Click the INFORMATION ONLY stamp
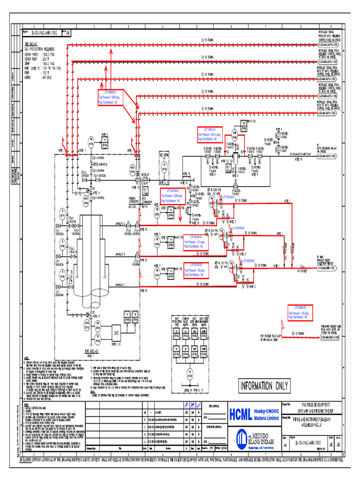tap(264, 386)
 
